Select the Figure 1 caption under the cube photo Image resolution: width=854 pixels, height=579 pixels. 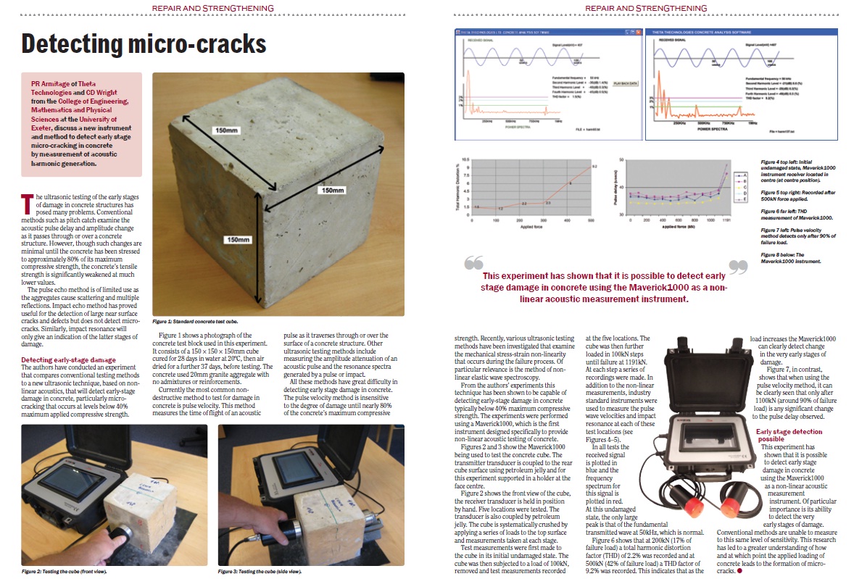tap(195, 320)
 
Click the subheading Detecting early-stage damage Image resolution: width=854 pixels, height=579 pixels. tap(68, 359)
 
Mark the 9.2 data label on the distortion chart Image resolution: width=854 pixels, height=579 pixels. tap(594, 167)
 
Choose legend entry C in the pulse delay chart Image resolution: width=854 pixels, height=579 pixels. tap(740, 187)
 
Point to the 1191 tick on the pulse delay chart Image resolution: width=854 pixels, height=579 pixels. tap(726, 218)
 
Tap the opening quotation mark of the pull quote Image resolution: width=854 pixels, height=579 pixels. tap(473, 264)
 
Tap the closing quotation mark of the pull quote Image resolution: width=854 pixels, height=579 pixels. tap(737, 267)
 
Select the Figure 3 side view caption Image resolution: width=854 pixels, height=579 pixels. tap(260, 572)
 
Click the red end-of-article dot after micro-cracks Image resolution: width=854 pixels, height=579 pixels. tap(739, 572)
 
